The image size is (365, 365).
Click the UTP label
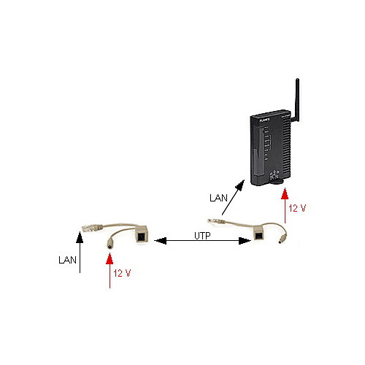tap(202, 236)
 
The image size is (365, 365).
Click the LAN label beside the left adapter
tap(67, 260)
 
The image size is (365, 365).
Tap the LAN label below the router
tap(218, 198)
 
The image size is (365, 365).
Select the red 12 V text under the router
tap(297, 208)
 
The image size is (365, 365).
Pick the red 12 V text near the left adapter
tap(122, 273)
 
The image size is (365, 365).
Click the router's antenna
tap(297, 100)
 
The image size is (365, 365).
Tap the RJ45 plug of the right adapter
tap(215, 221)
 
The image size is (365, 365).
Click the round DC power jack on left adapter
tap(110, 244)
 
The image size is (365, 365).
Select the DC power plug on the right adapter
tap(283, 238)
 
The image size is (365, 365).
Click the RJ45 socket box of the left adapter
tap(142, 235)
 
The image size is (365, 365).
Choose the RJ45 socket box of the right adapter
tap(259, 234)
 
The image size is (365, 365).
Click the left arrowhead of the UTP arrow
tap(161, 241)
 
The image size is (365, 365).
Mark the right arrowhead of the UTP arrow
tap(245, 241)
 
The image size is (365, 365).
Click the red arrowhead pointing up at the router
tap(285, 194)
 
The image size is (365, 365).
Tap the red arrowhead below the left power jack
tap(109, 258)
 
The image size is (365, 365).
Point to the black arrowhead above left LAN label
tap(80, 237)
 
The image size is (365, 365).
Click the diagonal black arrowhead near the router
tap(240, 185)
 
